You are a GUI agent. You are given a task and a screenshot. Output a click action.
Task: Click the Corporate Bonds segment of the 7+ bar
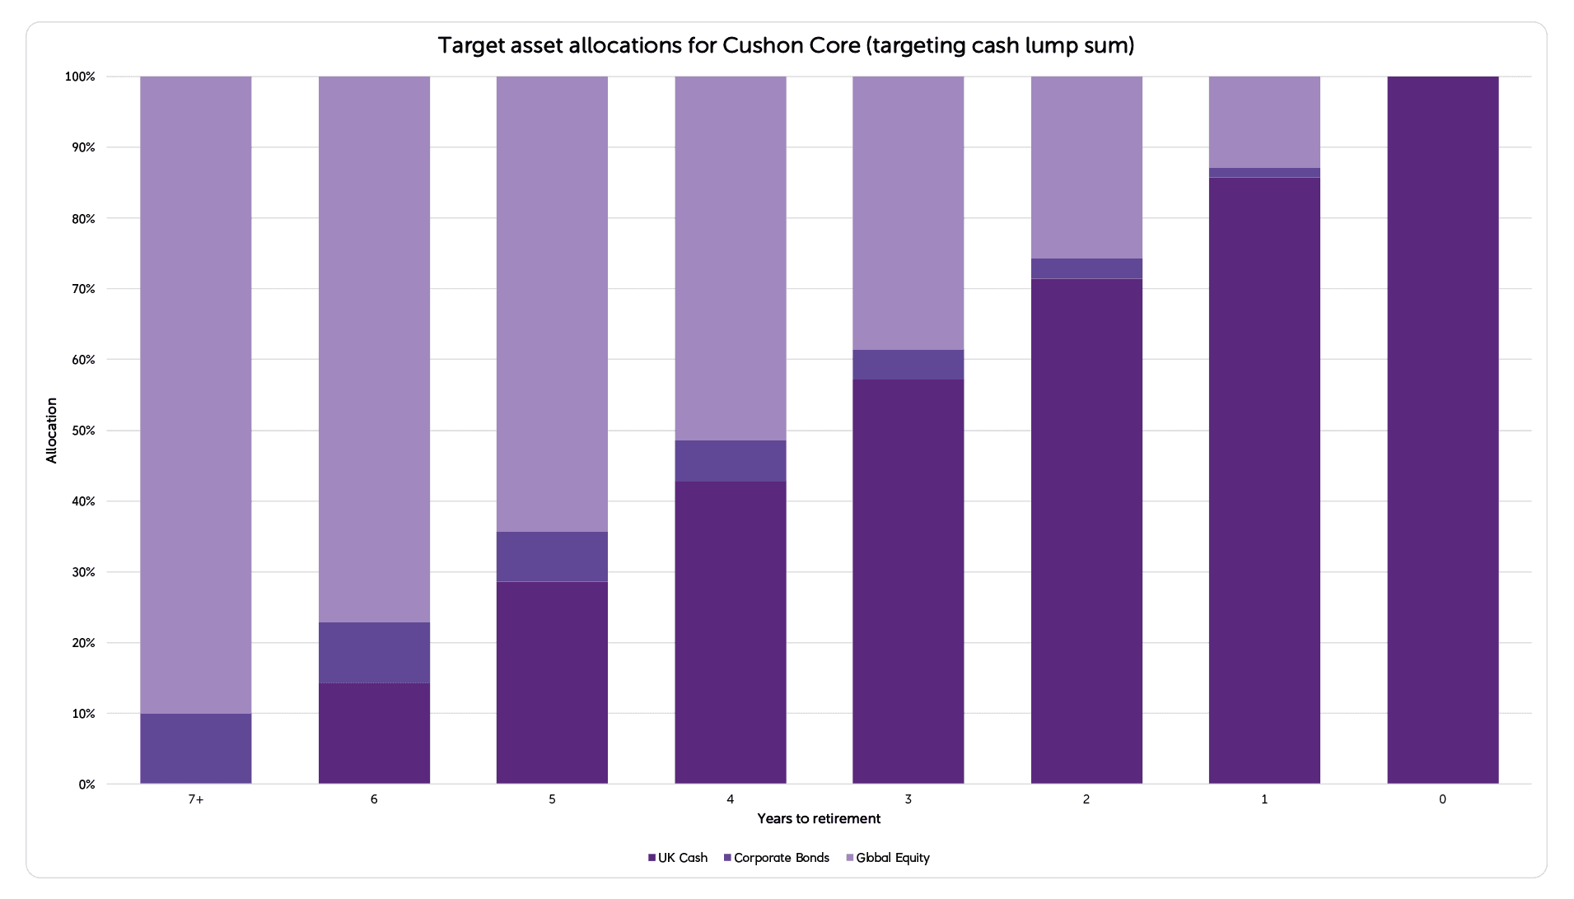coord(195,748)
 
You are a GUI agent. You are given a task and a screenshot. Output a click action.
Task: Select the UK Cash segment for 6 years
coord(374,733)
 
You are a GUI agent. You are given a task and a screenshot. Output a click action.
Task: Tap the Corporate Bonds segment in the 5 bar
coord(552,557)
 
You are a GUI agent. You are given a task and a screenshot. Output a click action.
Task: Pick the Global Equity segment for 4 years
coord(730,258)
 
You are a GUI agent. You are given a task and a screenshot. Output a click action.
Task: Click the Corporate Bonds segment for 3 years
coord(908,365)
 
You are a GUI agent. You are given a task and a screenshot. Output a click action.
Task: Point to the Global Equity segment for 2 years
coord(1086,167)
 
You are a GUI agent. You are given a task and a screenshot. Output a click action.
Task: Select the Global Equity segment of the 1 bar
coord(1264,122)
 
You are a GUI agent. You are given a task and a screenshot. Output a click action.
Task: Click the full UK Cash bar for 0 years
coord(1442,430)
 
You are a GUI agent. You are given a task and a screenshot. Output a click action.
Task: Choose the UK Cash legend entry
coord(678,858)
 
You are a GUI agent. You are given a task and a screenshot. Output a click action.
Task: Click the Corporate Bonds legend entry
coord(776,858)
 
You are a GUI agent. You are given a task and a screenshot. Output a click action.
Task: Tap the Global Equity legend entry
coord(888,858)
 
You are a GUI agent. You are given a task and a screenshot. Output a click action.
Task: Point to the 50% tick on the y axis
coord(80,431)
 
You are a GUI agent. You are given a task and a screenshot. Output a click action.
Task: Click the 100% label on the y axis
coord(80,77)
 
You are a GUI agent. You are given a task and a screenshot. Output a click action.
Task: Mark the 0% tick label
coord(86,785)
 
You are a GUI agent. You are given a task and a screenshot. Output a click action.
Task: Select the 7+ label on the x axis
coord(195,799)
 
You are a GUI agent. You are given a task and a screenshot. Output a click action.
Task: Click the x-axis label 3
coord(908,799)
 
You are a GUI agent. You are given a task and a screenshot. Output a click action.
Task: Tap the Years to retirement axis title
coord(819,818)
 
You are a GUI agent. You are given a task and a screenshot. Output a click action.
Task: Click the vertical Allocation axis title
coord(52,430)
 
